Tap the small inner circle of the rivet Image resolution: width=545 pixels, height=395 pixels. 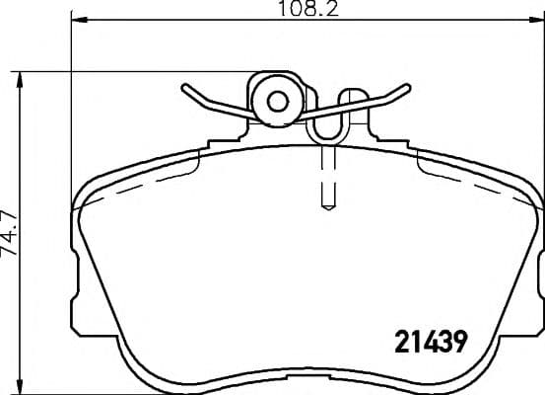[x=277, y=100]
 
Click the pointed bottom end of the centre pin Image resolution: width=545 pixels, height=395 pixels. [x=329, y=207]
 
